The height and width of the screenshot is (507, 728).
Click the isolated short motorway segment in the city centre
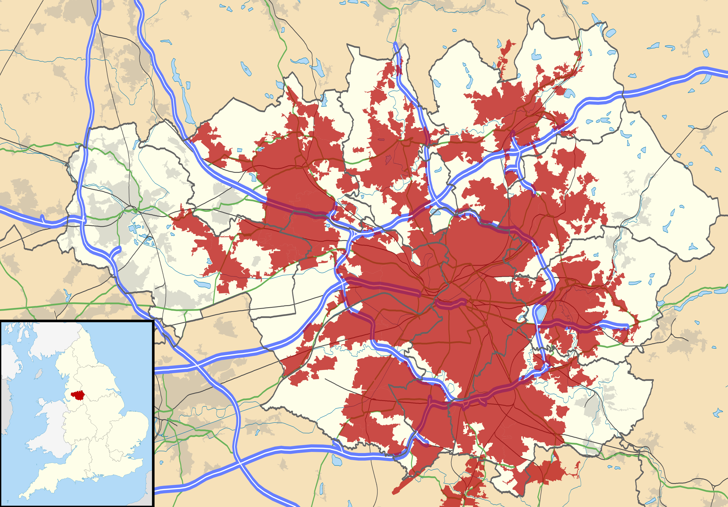pos(450,304)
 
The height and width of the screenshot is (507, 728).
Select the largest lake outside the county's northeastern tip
pos(611,33)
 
